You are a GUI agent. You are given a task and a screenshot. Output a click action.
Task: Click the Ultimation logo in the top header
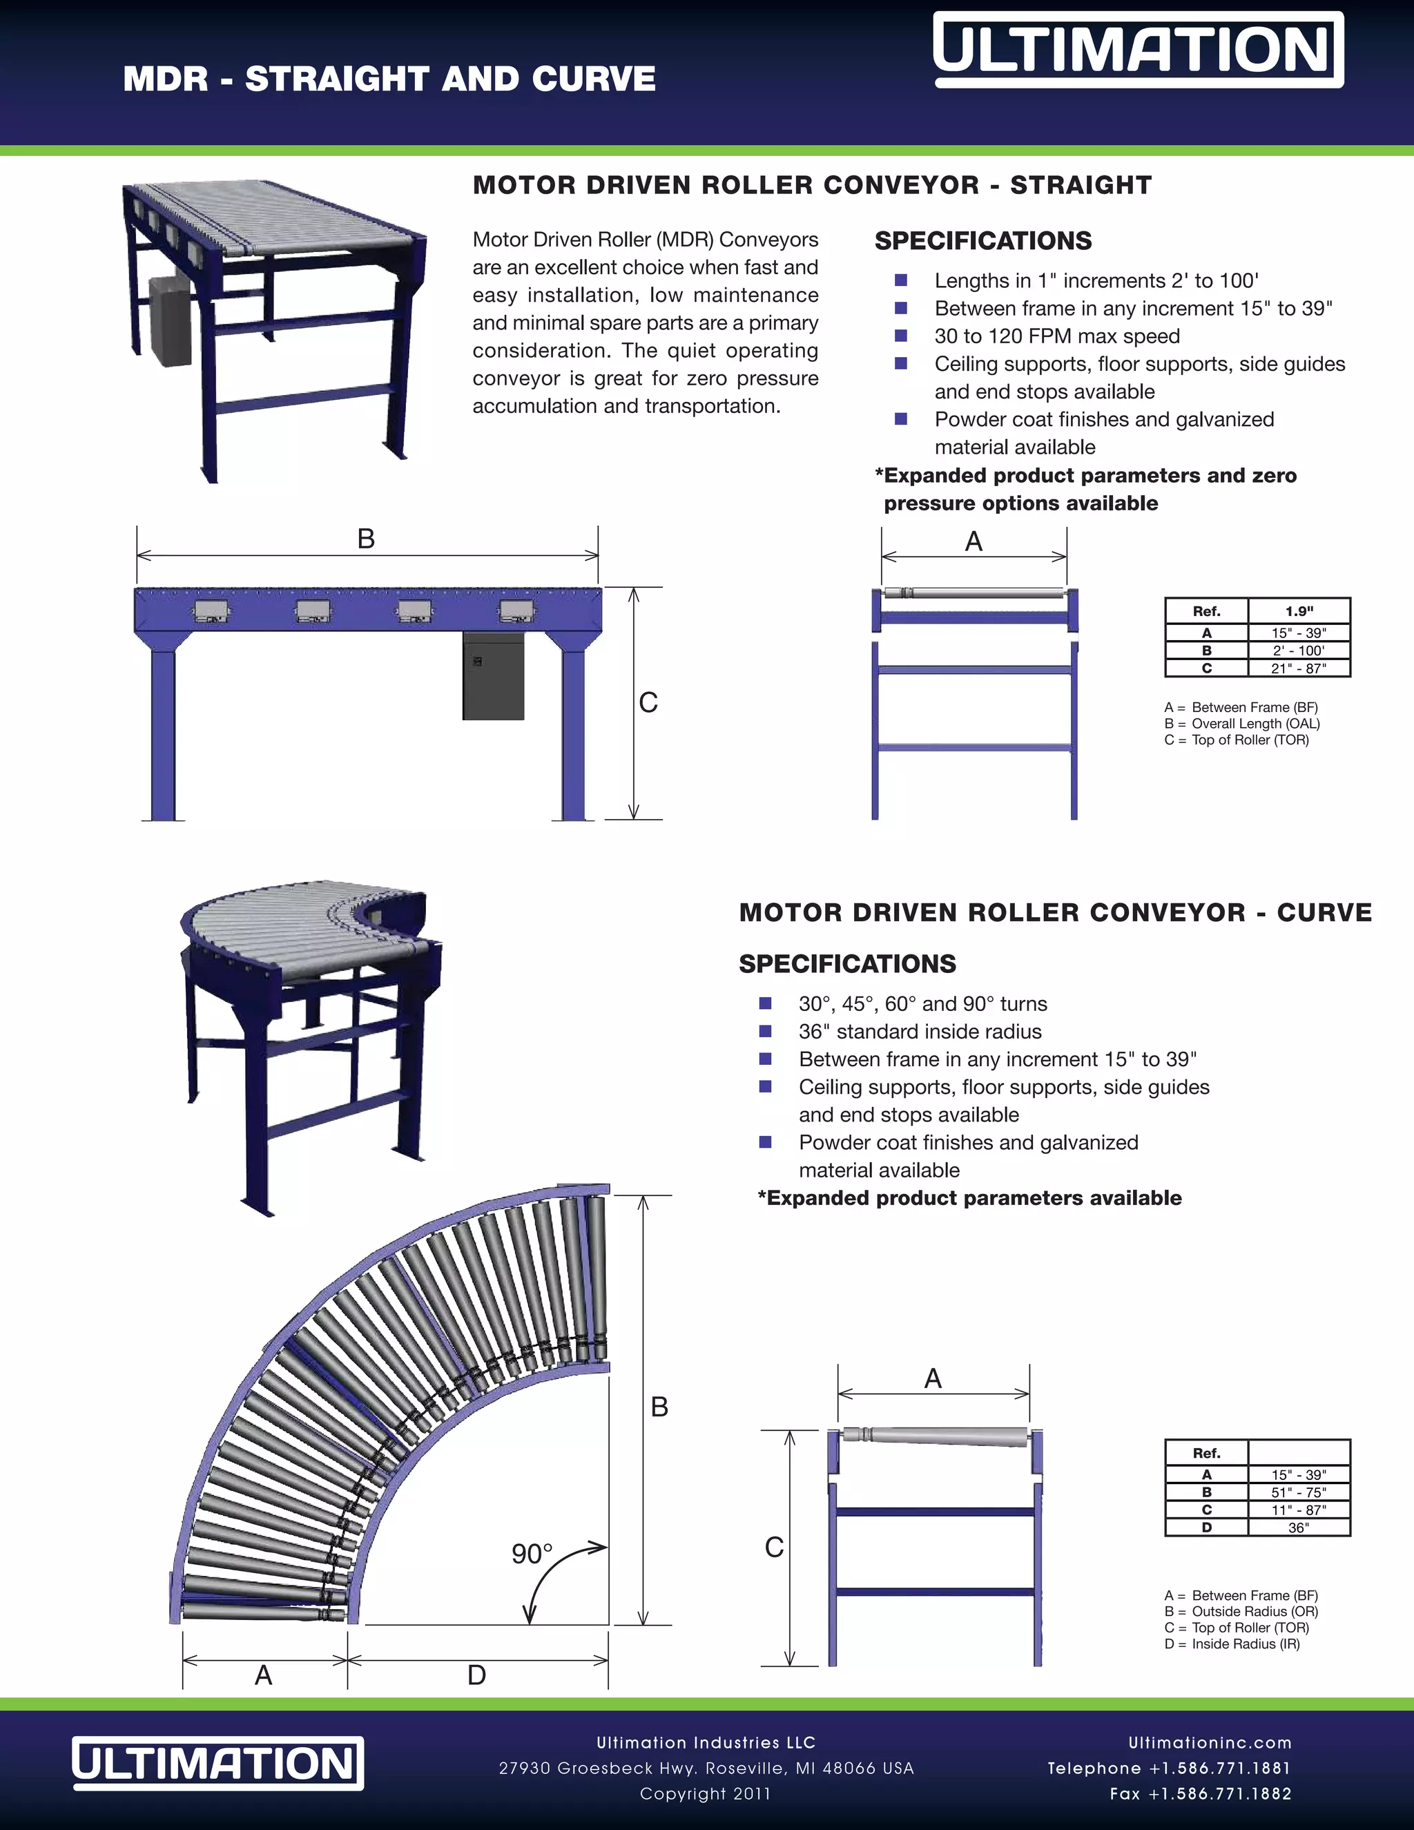1138,50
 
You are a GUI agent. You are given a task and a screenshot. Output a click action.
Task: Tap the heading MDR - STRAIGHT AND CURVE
389,79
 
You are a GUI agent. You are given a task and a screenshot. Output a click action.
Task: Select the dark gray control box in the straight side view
494,675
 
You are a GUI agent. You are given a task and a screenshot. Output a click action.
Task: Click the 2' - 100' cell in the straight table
1299,651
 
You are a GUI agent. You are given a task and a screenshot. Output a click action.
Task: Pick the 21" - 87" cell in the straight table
1299,668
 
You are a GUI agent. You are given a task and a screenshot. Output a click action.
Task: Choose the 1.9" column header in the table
1299,611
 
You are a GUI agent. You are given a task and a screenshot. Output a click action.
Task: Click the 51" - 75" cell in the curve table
1299,1492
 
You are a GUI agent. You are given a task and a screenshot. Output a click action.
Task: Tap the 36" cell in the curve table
1299,1527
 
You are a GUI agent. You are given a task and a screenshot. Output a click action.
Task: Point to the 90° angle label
532,1554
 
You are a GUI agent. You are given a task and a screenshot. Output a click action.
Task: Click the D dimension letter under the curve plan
476,1675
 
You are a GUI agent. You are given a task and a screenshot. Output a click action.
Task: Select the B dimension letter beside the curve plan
659,1407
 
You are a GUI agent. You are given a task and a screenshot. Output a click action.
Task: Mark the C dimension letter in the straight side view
648,702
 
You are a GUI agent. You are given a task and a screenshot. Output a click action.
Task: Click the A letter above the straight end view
974,541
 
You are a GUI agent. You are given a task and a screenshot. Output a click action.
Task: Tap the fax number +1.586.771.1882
1201,1794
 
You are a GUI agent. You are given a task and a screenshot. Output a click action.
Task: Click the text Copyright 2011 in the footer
706,1794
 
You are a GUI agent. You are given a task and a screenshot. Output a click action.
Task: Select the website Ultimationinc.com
1210,1743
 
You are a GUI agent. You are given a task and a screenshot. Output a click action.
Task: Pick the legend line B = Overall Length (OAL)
1241,723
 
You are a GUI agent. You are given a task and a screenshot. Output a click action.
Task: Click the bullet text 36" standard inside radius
920,1032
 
